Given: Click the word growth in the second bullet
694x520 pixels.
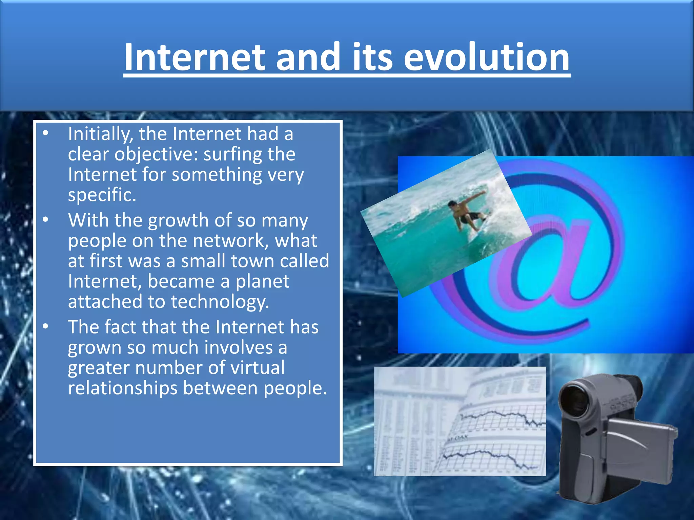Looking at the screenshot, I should pyautogui.click(x=178, y=221).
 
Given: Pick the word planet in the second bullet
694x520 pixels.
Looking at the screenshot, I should pyautogui.click(x=262, y=282).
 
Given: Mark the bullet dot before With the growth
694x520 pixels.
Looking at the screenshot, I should pyautogui.click(x=46, y=220).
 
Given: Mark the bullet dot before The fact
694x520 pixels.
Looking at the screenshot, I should pyautogui.click(x=46, y=327).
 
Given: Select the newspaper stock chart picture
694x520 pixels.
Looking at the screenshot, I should pyautogui.click(x=460, y=421).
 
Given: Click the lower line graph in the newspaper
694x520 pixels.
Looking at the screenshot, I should pyautogui.click(x=488, y=457).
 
